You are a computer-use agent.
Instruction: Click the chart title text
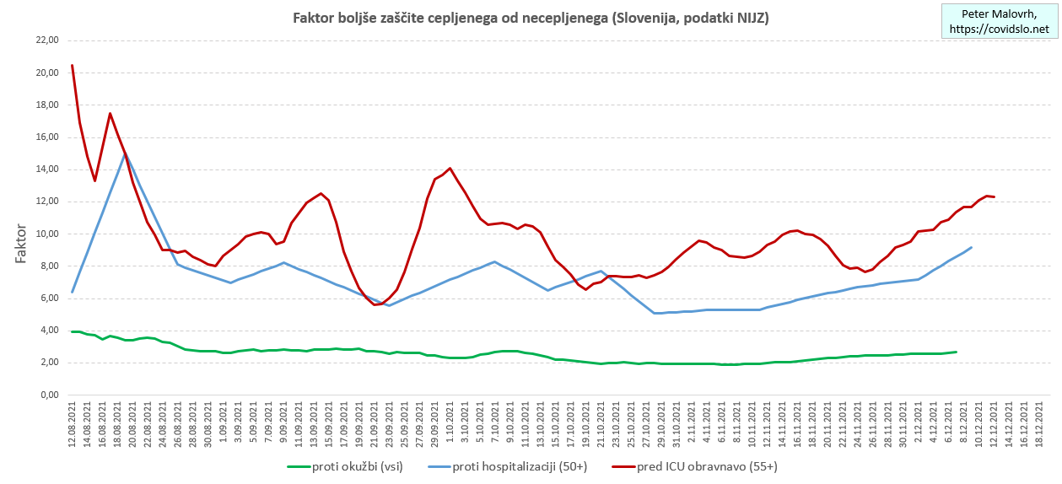click(530, 18)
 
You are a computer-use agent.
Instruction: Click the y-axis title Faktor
click(21, 244)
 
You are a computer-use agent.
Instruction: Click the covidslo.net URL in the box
click(1000, 30)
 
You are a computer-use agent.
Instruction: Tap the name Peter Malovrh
click(1000, 14)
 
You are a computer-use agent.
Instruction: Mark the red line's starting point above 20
click(73, 65)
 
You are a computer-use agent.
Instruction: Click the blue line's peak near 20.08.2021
click(125, 153)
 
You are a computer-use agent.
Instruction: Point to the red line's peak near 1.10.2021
click(450, 168)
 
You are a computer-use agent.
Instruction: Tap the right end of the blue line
click(972, 247)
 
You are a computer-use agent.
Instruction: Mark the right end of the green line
click(956, 352)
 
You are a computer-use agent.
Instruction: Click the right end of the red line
click(995, 196)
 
